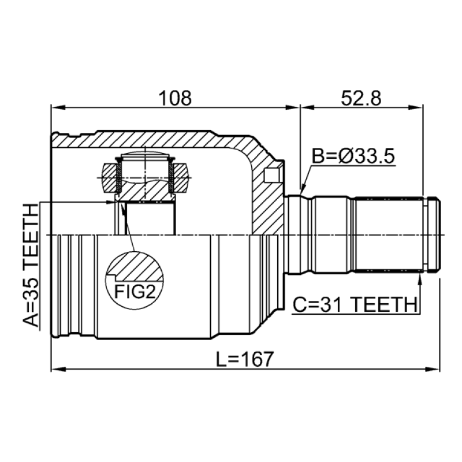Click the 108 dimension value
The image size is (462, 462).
point(176,98)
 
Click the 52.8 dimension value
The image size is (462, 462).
point(361,98)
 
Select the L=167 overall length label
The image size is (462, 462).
point(245,359)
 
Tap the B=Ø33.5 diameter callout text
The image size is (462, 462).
point(353,156)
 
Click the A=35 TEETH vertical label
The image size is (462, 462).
point(31,265)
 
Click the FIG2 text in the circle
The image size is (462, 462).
point(135,292)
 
